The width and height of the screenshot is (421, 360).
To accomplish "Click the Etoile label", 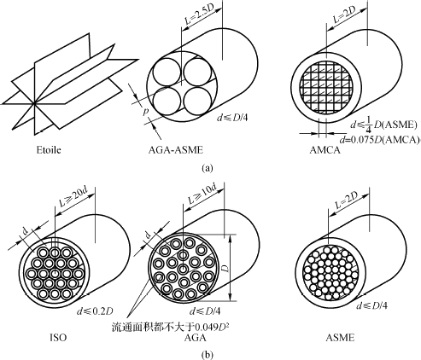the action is tap(49, 149).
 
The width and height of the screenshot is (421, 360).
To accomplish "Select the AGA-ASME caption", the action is tap(176, 149).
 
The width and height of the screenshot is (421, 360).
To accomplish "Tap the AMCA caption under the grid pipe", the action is tap(325, 149).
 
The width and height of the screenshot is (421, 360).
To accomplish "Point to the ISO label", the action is tap(58, 338).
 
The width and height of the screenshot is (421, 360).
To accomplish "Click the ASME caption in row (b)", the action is tap(340, 338).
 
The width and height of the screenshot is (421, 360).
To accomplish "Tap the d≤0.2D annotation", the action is tap(95, 311).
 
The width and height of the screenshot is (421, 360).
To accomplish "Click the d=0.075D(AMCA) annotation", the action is tap(380, 140).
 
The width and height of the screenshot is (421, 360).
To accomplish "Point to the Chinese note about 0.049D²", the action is tap(171, 328).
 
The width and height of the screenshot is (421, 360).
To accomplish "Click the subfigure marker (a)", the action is tap(207, 168).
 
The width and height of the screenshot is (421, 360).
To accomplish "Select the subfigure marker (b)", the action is tap(207, 355).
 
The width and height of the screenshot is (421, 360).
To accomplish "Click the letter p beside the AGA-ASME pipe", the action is tap(146, 112).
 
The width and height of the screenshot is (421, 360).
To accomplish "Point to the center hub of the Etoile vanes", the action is tap(35, 103).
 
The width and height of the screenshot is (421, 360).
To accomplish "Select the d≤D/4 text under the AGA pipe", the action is tap(205, 311).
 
